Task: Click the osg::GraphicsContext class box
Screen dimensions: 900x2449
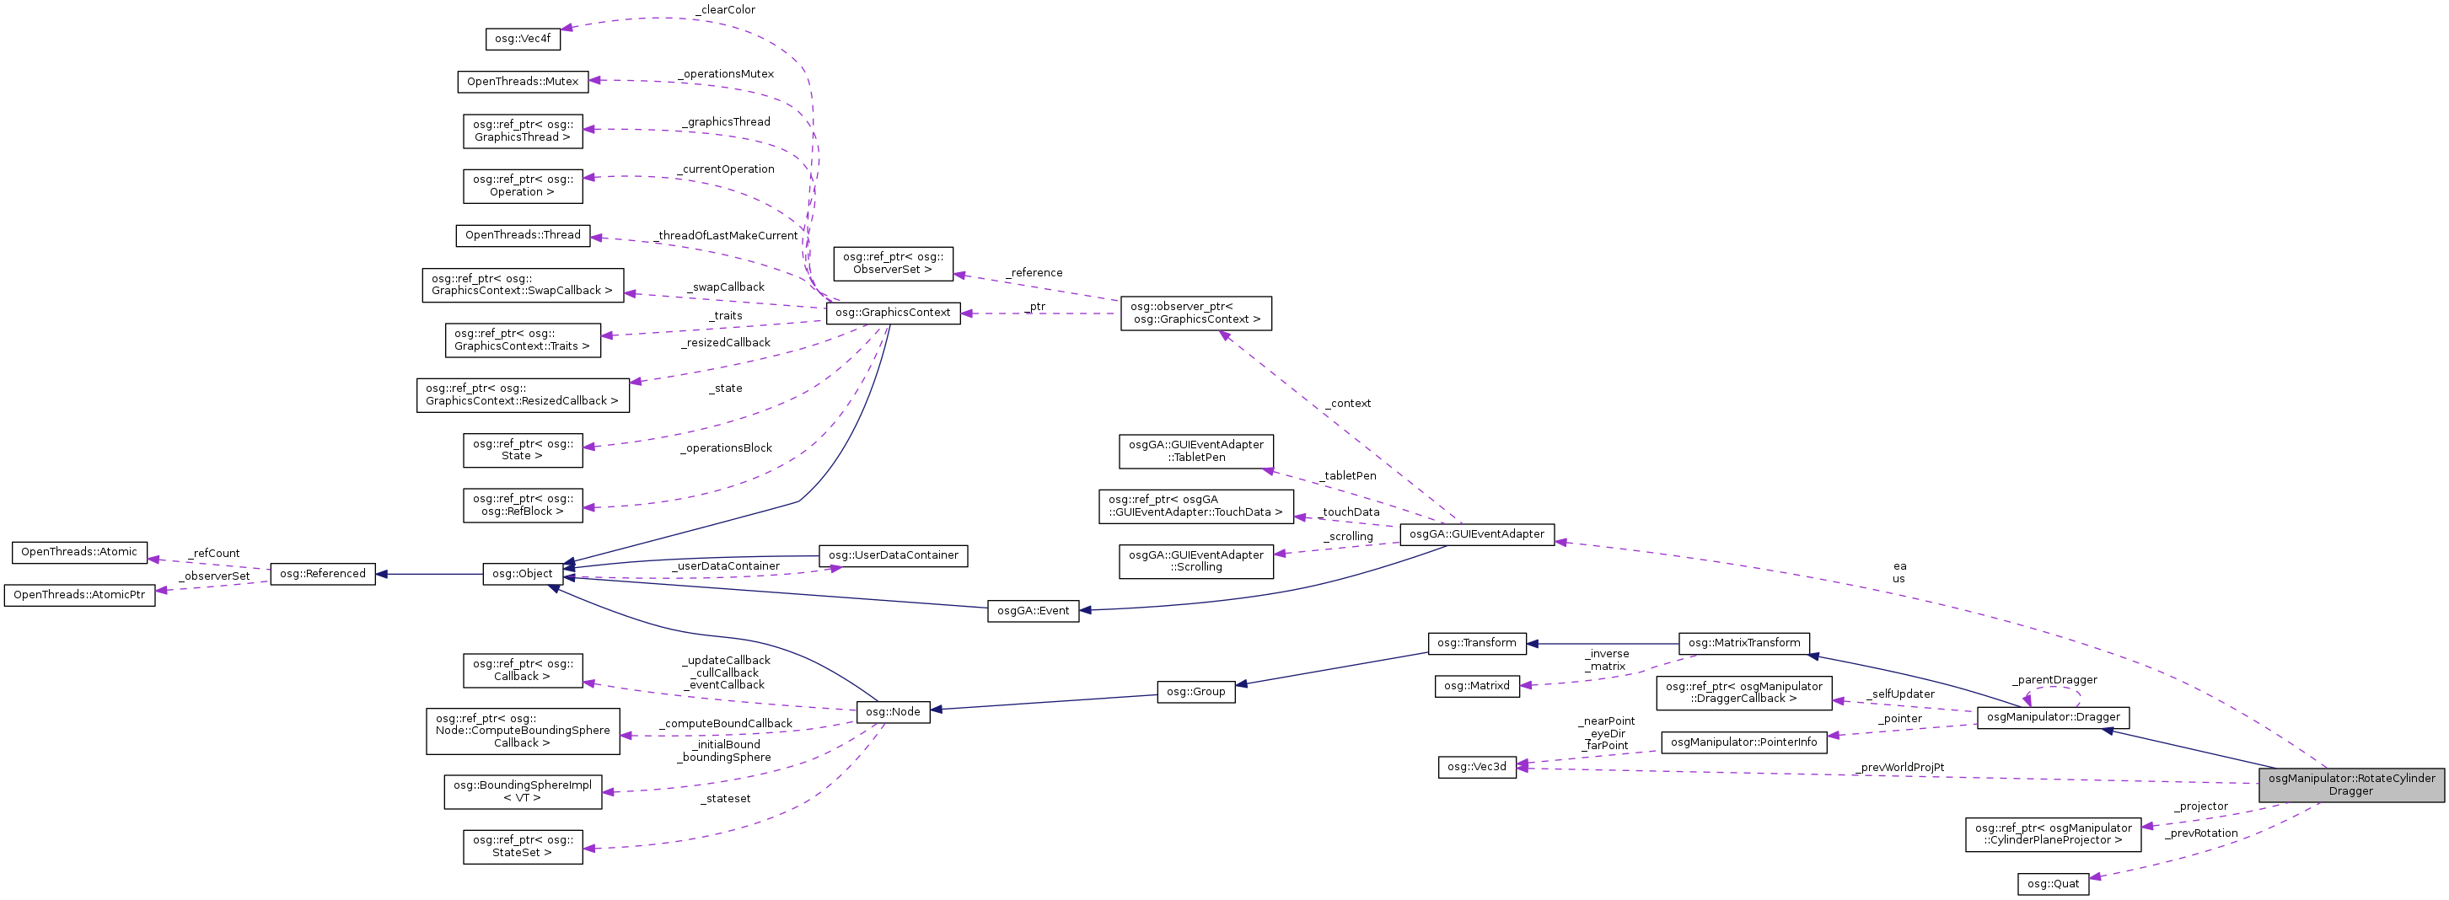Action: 893,313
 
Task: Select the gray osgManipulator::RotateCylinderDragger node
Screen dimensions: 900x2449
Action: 2350,785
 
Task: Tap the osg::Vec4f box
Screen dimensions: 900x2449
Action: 522,39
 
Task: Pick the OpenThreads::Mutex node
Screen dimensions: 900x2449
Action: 522,82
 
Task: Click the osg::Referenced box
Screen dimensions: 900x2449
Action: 322,574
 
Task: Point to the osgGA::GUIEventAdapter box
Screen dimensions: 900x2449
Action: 1476,535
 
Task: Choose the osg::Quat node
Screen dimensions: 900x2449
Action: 2053,884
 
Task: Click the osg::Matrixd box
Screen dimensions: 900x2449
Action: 1476,686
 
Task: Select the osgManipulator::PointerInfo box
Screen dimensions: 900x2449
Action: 1743,742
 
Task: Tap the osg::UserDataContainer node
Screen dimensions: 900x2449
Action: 893,556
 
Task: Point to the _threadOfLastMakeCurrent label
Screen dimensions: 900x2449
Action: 728,236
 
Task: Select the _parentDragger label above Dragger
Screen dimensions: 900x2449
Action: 2054,680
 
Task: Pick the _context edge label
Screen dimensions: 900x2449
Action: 1350,404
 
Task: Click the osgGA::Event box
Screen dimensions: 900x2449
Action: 1033,611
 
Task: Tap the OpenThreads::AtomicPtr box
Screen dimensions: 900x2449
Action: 79,595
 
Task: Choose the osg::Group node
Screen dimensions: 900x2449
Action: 1195,692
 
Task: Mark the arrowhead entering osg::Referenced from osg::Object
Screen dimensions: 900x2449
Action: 383,574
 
